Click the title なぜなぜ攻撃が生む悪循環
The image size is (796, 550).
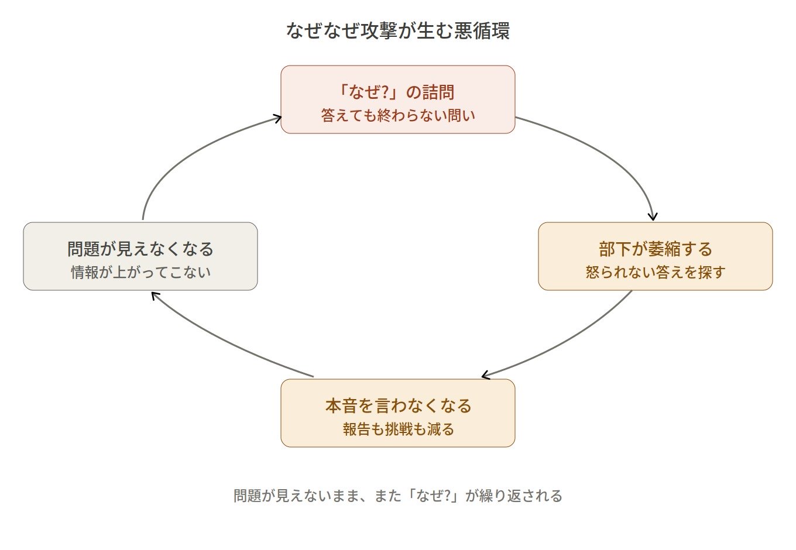[398, 30]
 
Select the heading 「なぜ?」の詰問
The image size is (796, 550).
[395, 92]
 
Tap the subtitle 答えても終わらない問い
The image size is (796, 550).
[398, 115]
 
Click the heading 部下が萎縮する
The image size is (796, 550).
[656, 249]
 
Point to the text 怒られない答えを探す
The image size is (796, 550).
[656, 273]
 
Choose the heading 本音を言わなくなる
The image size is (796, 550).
[398, 405]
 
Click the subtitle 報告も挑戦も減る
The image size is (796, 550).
[398, 429]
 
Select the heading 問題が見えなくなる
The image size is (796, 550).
[140, 249]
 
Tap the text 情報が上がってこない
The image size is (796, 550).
[140, 273]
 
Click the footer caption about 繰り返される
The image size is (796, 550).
[398, 496]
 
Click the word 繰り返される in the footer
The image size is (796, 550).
[520, 496]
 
